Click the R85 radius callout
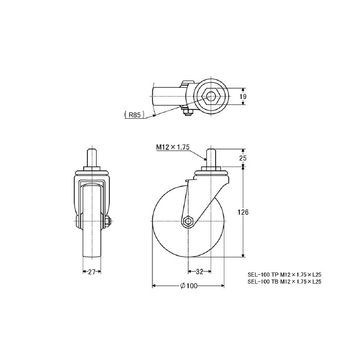point(134,115)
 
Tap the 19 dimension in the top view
point(243,97)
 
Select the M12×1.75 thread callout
point(173,147)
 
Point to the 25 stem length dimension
point(242,158)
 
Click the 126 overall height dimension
point(243,212)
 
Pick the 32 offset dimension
point(200,272)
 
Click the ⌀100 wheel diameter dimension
point(189,286)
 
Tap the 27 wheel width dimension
point(92,272)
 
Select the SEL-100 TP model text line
point(284,274)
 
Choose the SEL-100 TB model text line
point(284,281)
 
